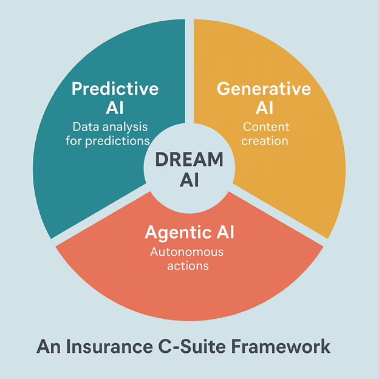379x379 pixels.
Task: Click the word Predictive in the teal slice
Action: pyautogui.click(x=115, y=89)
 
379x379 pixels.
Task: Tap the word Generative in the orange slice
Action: pyautogui.click(x=264, y=89)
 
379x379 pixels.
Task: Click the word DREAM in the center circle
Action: pyautogui.click(x=189, y=160)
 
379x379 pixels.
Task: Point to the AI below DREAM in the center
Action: pyautogui.click(x=189, y=180)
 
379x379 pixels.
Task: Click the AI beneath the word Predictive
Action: pyautogui.click(x=115, y=108)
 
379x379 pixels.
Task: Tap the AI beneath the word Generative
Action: pyautogui.click(x=264, y=108)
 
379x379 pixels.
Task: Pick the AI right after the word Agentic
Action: pyautogui.click(x=223, y=232)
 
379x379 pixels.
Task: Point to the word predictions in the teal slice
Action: pyautogui.click(x=121, y=141)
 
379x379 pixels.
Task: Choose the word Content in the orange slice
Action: pyautogui.click(x=266, y=127)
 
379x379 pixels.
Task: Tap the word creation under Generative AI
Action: pyautogui.click(x=266, y=141)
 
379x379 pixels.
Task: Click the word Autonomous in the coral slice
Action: pyautogui.click(x=188, y=251)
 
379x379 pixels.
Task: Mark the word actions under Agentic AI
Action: pyautogui.click(x=188, y=265)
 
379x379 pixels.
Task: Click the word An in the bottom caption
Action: pyautogui.click(x=47, y=346)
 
